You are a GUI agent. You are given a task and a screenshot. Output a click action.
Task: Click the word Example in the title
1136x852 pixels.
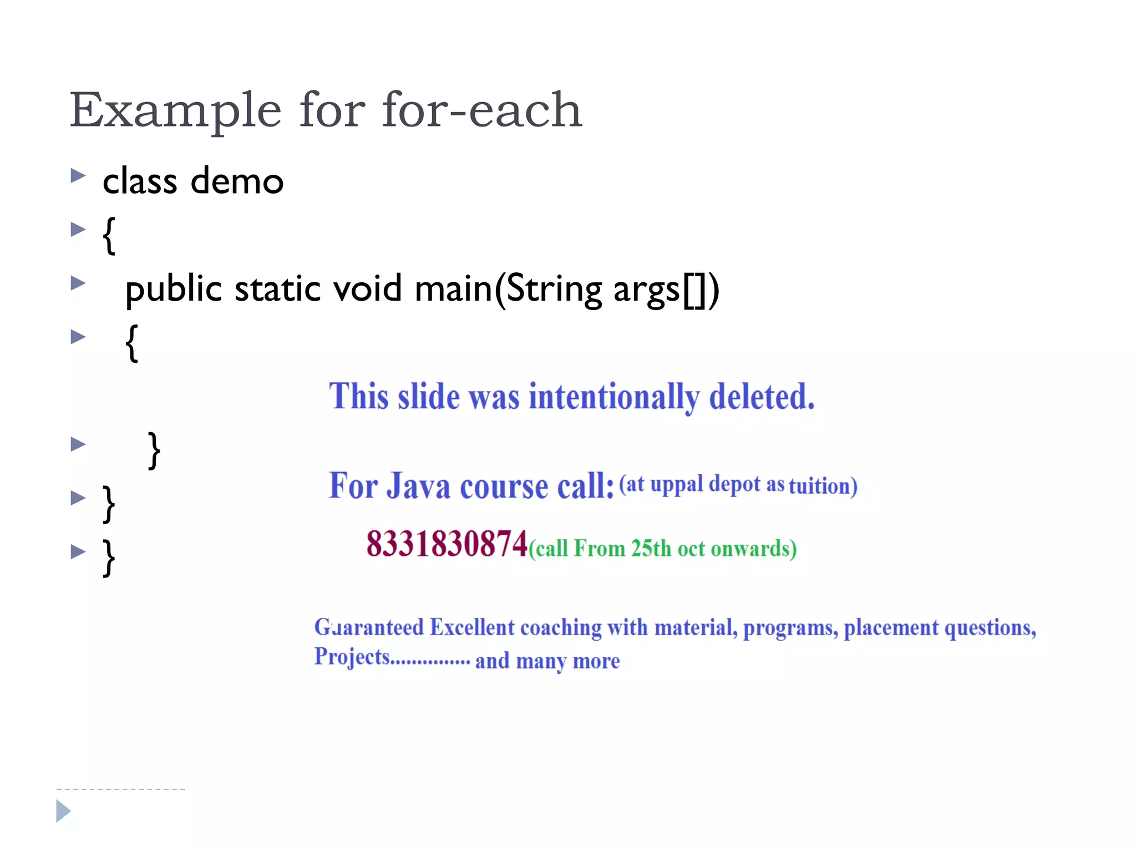coord(175,111)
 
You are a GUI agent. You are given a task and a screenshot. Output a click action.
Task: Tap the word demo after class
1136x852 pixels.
coord(237,181)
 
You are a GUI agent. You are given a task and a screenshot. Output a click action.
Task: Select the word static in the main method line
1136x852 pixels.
coord(277,289)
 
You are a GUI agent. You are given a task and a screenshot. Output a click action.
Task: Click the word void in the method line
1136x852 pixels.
coord(367,289)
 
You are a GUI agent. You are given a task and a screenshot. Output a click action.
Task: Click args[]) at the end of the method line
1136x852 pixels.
coord(666,289)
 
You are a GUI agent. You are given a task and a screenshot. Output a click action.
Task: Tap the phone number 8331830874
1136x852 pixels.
coord(446,544)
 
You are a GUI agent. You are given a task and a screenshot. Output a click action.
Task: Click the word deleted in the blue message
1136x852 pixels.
coord(762,397)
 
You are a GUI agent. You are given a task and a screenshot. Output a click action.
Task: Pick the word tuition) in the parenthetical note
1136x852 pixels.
coord(823,486)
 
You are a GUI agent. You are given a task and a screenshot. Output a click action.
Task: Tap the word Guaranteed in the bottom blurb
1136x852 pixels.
coord(369,627)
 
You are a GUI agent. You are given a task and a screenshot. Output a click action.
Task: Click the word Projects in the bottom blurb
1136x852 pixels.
coord(352,657)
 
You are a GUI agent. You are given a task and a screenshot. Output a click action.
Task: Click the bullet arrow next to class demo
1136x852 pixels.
coord(78,176)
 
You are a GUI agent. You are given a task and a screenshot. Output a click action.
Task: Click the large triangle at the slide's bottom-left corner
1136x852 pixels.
coord(63,811)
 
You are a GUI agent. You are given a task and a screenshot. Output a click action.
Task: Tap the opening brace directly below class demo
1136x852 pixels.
coord(109,235)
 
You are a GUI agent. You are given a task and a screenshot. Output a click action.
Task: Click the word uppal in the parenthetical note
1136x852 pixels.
coord(676,484)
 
